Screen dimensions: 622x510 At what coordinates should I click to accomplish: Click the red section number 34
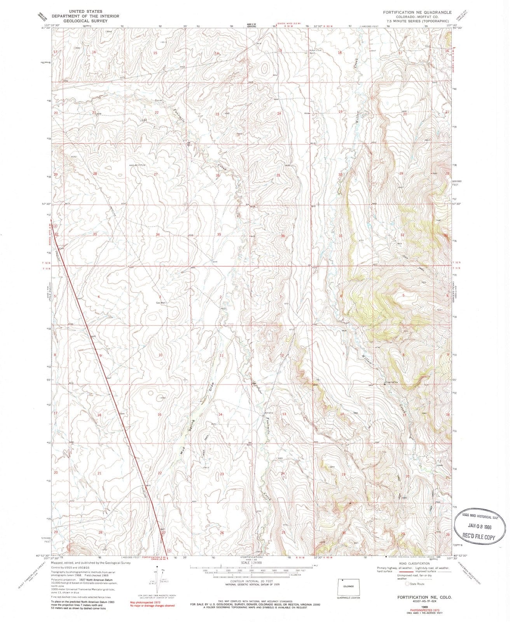pos(158,234)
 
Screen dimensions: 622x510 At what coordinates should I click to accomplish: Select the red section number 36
pos(283,236)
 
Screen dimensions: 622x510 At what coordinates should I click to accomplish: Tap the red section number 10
pos(160,355)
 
